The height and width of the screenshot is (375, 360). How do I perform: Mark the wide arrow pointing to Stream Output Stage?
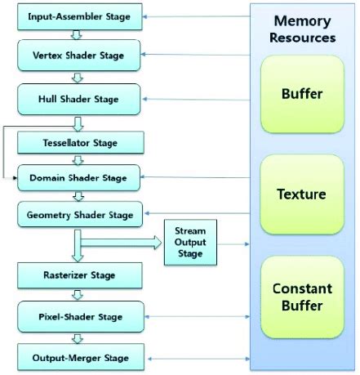click(122, 242)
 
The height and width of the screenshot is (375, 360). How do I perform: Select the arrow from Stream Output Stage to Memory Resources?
click(233, 243)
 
